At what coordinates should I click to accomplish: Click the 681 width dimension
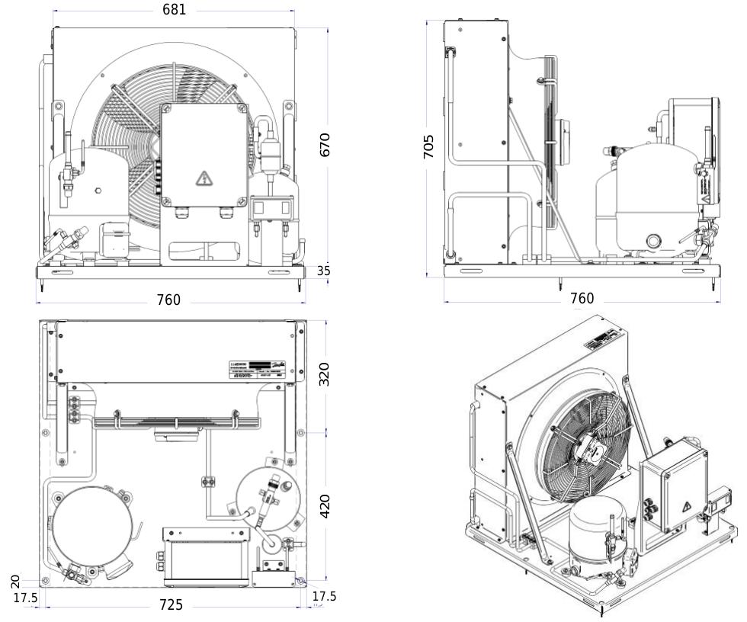pos(174,10)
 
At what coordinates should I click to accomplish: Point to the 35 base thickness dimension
pos(323,271)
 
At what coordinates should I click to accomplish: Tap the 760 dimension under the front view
pos(168,300)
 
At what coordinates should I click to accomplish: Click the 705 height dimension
pos(429,146)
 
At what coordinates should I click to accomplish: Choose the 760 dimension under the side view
pos(582,298)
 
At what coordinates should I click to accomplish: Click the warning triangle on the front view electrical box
pos(204,178)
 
